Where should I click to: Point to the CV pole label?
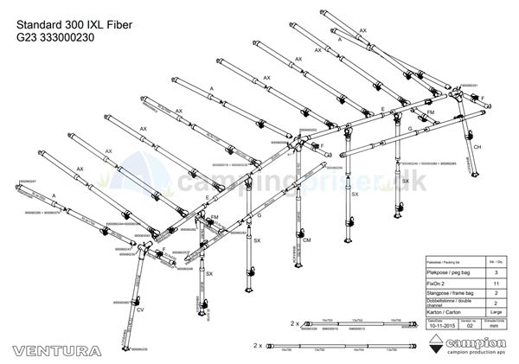point(140,309)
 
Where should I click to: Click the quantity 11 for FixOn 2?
point(495,283)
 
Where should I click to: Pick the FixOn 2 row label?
point(439,283)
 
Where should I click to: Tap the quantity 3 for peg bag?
point(495,271)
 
